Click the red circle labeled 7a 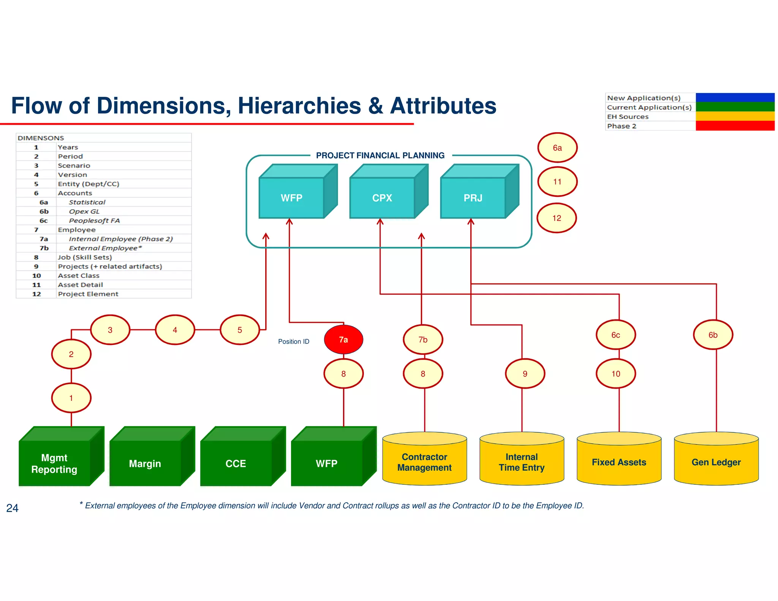343,339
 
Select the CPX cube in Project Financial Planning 382,198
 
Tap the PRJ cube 473,198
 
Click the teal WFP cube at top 291,198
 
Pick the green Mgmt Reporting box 54,463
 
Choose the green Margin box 145,463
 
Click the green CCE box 236,463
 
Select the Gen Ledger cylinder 716,462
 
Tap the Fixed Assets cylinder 619,462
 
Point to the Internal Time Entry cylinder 522,462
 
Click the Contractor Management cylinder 424,462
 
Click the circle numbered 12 557,218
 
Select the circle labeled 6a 557,148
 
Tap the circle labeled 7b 423,339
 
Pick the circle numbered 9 525,373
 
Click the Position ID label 294,342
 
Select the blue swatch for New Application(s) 735,97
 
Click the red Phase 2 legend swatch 735,126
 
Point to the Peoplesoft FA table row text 94,220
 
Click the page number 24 12,508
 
